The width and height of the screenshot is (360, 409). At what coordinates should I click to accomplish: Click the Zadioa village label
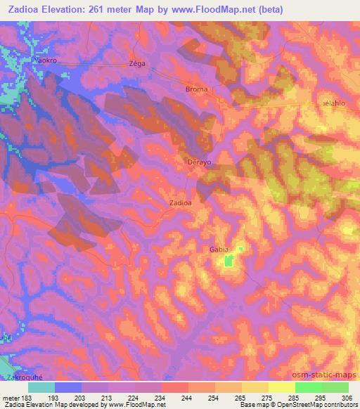click(x=181, y=202)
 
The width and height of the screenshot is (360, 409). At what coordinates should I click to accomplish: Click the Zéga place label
click(x=137, y=63)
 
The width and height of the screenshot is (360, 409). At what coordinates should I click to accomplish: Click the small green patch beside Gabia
click(x=228, y=262)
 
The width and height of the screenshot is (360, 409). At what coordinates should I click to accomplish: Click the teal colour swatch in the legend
click(x=41, y=387)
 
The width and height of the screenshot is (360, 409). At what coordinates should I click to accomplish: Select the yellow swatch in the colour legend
click(x=281, y=387)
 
